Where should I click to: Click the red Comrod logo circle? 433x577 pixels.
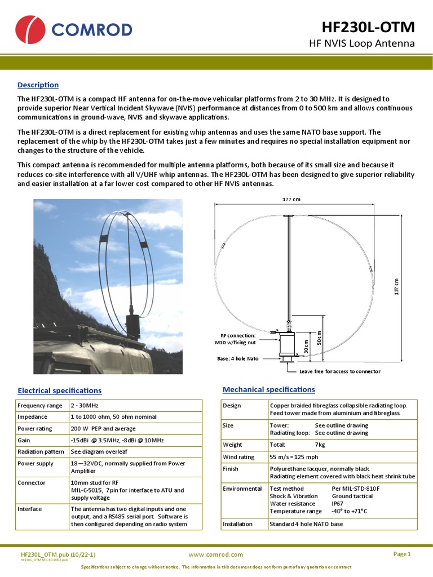[30, 30]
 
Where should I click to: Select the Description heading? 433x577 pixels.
[38, 85]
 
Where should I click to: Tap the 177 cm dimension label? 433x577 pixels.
[291, 199]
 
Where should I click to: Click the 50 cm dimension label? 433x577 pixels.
[319, 338]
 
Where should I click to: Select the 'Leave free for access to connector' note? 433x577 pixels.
[339, 371]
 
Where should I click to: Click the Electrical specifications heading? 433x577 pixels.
[60, 390]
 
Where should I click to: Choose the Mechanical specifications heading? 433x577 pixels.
[269, 389]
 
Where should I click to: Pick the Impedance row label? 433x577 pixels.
[33, 417]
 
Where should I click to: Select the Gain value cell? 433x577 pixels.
[117, 440]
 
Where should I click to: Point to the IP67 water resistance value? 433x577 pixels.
[338, 503]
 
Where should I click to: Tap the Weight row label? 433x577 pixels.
[232, 445]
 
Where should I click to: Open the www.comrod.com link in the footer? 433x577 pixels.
[216, 554]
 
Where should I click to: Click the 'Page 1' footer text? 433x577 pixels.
[402, 554]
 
